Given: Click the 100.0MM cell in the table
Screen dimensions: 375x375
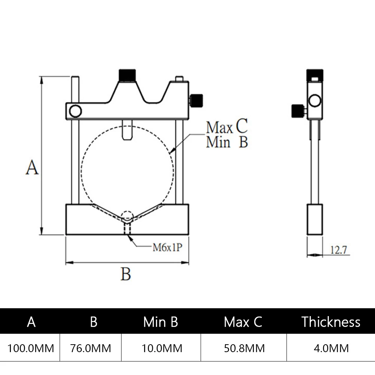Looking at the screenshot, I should (31, 348).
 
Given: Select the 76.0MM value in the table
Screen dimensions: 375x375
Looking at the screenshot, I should (91, 348).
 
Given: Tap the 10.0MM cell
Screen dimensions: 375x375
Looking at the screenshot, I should (162, 348).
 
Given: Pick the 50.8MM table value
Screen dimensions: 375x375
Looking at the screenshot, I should (244, 348).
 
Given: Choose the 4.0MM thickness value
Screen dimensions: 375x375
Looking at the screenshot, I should (331, 348).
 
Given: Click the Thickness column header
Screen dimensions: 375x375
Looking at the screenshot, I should (331, 322).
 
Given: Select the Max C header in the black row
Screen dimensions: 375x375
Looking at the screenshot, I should (243, 322).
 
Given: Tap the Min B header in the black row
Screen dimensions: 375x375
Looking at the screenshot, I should (160, 322).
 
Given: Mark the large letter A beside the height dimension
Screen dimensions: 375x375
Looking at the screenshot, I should (32, 167).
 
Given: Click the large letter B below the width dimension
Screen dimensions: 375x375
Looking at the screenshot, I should (126, 274).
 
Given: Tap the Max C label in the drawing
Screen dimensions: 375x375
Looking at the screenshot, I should (227, 127).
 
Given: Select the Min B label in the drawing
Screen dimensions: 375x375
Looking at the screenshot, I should (227, 142).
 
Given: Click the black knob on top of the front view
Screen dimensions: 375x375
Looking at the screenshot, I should (127, 75).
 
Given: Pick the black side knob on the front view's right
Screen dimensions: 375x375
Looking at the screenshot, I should (197, 100).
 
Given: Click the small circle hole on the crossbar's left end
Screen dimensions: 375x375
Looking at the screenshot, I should (75, 111).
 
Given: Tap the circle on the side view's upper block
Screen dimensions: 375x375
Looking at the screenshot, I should (314, 100).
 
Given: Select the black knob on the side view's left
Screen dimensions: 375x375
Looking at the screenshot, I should (298, 111).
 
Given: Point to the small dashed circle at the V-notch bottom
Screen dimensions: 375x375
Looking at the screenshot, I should (127, 216).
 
